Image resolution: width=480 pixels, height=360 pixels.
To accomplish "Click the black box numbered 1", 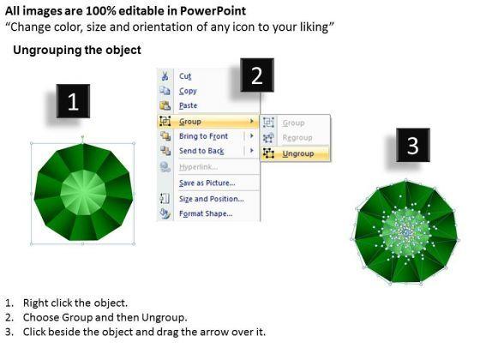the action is coord(73,101).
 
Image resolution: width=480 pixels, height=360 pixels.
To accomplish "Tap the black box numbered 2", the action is coord(257,75).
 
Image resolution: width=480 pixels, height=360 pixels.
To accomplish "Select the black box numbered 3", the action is coord(413,145).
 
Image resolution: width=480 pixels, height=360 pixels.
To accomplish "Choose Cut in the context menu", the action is coord(185,76).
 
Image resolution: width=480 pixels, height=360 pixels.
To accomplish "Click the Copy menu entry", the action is coord(188,91).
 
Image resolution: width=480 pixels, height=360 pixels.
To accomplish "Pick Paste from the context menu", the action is coord(189,105).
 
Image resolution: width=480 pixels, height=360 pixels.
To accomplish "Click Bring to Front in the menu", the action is coord(204,136).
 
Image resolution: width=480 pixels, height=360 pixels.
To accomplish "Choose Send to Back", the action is coord(201,151).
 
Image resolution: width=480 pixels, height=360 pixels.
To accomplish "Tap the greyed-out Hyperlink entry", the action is coord(198,167).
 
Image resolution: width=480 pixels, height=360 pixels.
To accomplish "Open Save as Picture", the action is coord(207,183).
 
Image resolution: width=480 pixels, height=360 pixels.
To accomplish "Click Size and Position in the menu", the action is coord(212,199).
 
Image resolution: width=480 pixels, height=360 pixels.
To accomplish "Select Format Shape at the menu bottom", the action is coord(206,213).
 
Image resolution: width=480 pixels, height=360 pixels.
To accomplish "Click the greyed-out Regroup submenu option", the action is coord(297,138).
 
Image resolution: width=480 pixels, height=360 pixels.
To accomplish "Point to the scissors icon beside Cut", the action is coord(165,76).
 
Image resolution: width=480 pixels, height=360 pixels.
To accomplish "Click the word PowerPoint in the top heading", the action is coord(213,11).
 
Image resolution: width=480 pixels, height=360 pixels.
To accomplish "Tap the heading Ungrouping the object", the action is coord(77,50).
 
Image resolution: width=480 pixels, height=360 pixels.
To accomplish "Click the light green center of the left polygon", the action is coord(83,193).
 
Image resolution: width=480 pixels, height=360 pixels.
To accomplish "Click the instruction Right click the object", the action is coord(75,303).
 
